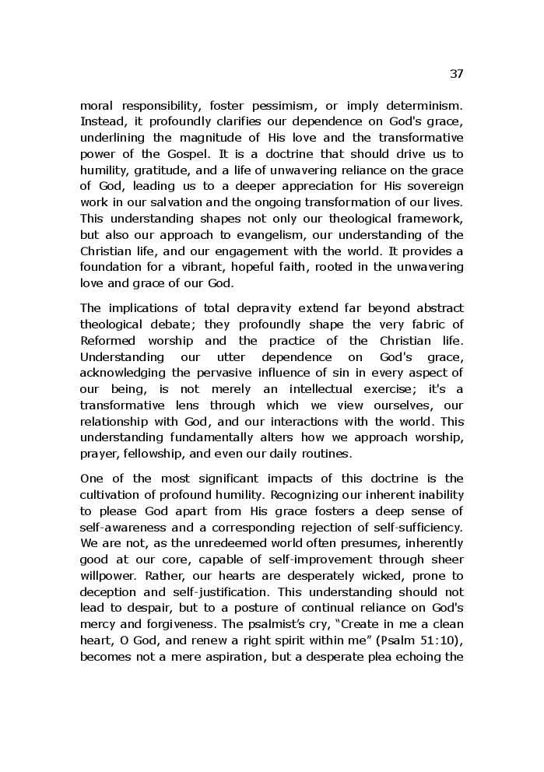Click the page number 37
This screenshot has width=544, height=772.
pos(456,74)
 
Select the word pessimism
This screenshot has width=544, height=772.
pos(289,104)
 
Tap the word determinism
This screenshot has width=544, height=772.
pos(422,104)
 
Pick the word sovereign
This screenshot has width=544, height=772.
pos(430,186)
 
